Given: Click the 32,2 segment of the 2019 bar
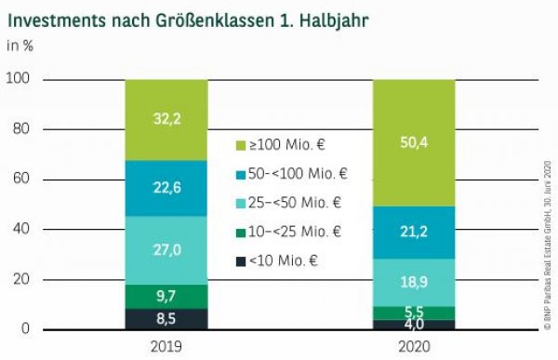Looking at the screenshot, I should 166,119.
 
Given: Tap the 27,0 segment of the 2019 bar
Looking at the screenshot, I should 166,250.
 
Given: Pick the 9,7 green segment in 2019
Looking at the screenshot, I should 166,296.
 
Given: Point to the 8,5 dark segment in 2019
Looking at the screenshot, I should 166,319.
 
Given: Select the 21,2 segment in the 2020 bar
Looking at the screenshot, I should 414,232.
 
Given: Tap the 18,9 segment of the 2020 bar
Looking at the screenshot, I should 414,282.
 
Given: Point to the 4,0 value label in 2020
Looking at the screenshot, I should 414,325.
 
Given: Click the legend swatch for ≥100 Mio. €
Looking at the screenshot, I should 240,144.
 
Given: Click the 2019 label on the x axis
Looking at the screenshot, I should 166,346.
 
